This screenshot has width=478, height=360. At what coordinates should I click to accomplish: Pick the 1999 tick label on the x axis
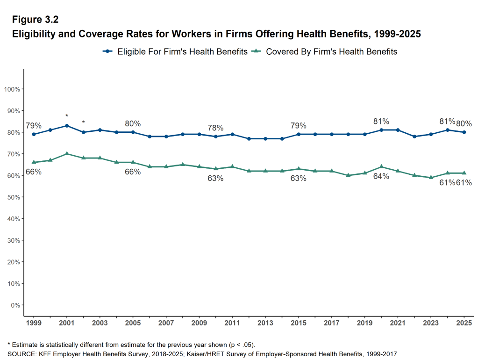coord(34,323)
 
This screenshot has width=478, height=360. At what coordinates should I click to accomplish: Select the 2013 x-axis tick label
coord(265,323)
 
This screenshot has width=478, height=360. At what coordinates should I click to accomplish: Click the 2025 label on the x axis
coord(464,323)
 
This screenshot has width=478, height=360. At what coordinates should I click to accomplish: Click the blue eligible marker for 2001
coord(67,126)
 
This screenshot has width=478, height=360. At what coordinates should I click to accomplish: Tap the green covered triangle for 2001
coord(67,153)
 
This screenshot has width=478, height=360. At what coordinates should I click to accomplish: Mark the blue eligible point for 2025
coord(464,132)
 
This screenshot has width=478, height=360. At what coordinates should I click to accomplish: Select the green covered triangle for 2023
coord(431,177)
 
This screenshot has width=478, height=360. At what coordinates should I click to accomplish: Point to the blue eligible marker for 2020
coord(381,130)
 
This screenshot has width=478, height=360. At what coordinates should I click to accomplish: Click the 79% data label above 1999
coord(34,126)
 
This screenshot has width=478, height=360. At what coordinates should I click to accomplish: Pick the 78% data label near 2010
coord(215,128)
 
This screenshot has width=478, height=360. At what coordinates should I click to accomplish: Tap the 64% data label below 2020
coord(381,176)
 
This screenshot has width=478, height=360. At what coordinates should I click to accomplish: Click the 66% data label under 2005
coord(133,172)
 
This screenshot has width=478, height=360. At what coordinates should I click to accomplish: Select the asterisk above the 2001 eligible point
coord(67,116)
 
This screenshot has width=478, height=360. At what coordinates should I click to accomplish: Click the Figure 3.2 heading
coord(35,20)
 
